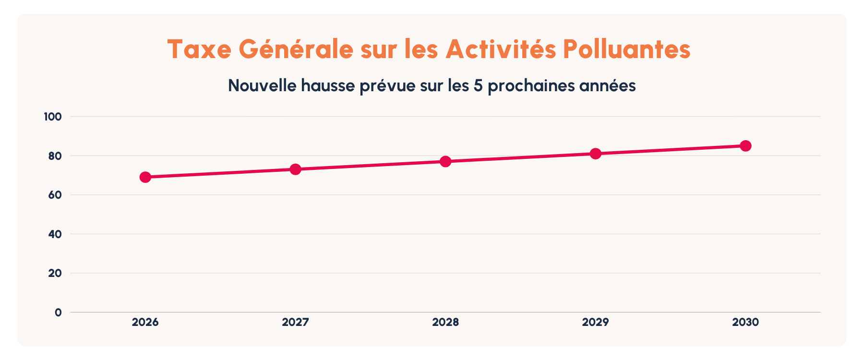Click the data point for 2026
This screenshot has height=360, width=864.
click(145, 177)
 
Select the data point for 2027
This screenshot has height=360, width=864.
click(295, 169)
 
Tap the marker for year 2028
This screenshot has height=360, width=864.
click(445, 161)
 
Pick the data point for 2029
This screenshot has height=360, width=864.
click(596, 154)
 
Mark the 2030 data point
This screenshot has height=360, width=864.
click(745, 146)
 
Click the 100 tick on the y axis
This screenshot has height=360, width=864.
click(53, 117)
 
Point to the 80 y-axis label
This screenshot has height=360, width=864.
click(54, 156)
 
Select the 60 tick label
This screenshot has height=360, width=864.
click(54, 195)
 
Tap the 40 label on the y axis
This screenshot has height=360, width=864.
click(54, 234)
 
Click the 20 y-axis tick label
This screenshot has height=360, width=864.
click(54, 273)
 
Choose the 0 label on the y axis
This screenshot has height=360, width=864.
click(58, 312)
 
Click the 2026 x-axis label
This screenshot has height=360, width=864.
click(145, 322)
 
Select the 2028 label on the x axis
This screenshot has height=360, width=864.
click(445, 322)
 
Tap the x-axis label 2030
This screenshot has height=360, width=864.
click(745, 322)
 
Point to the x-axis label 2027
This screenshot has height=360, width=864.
click(295, 322)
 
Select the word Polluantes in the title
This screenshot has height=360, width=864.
click(626, 49)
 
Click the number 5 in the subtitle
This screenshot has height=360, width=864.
click(478, 85)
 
